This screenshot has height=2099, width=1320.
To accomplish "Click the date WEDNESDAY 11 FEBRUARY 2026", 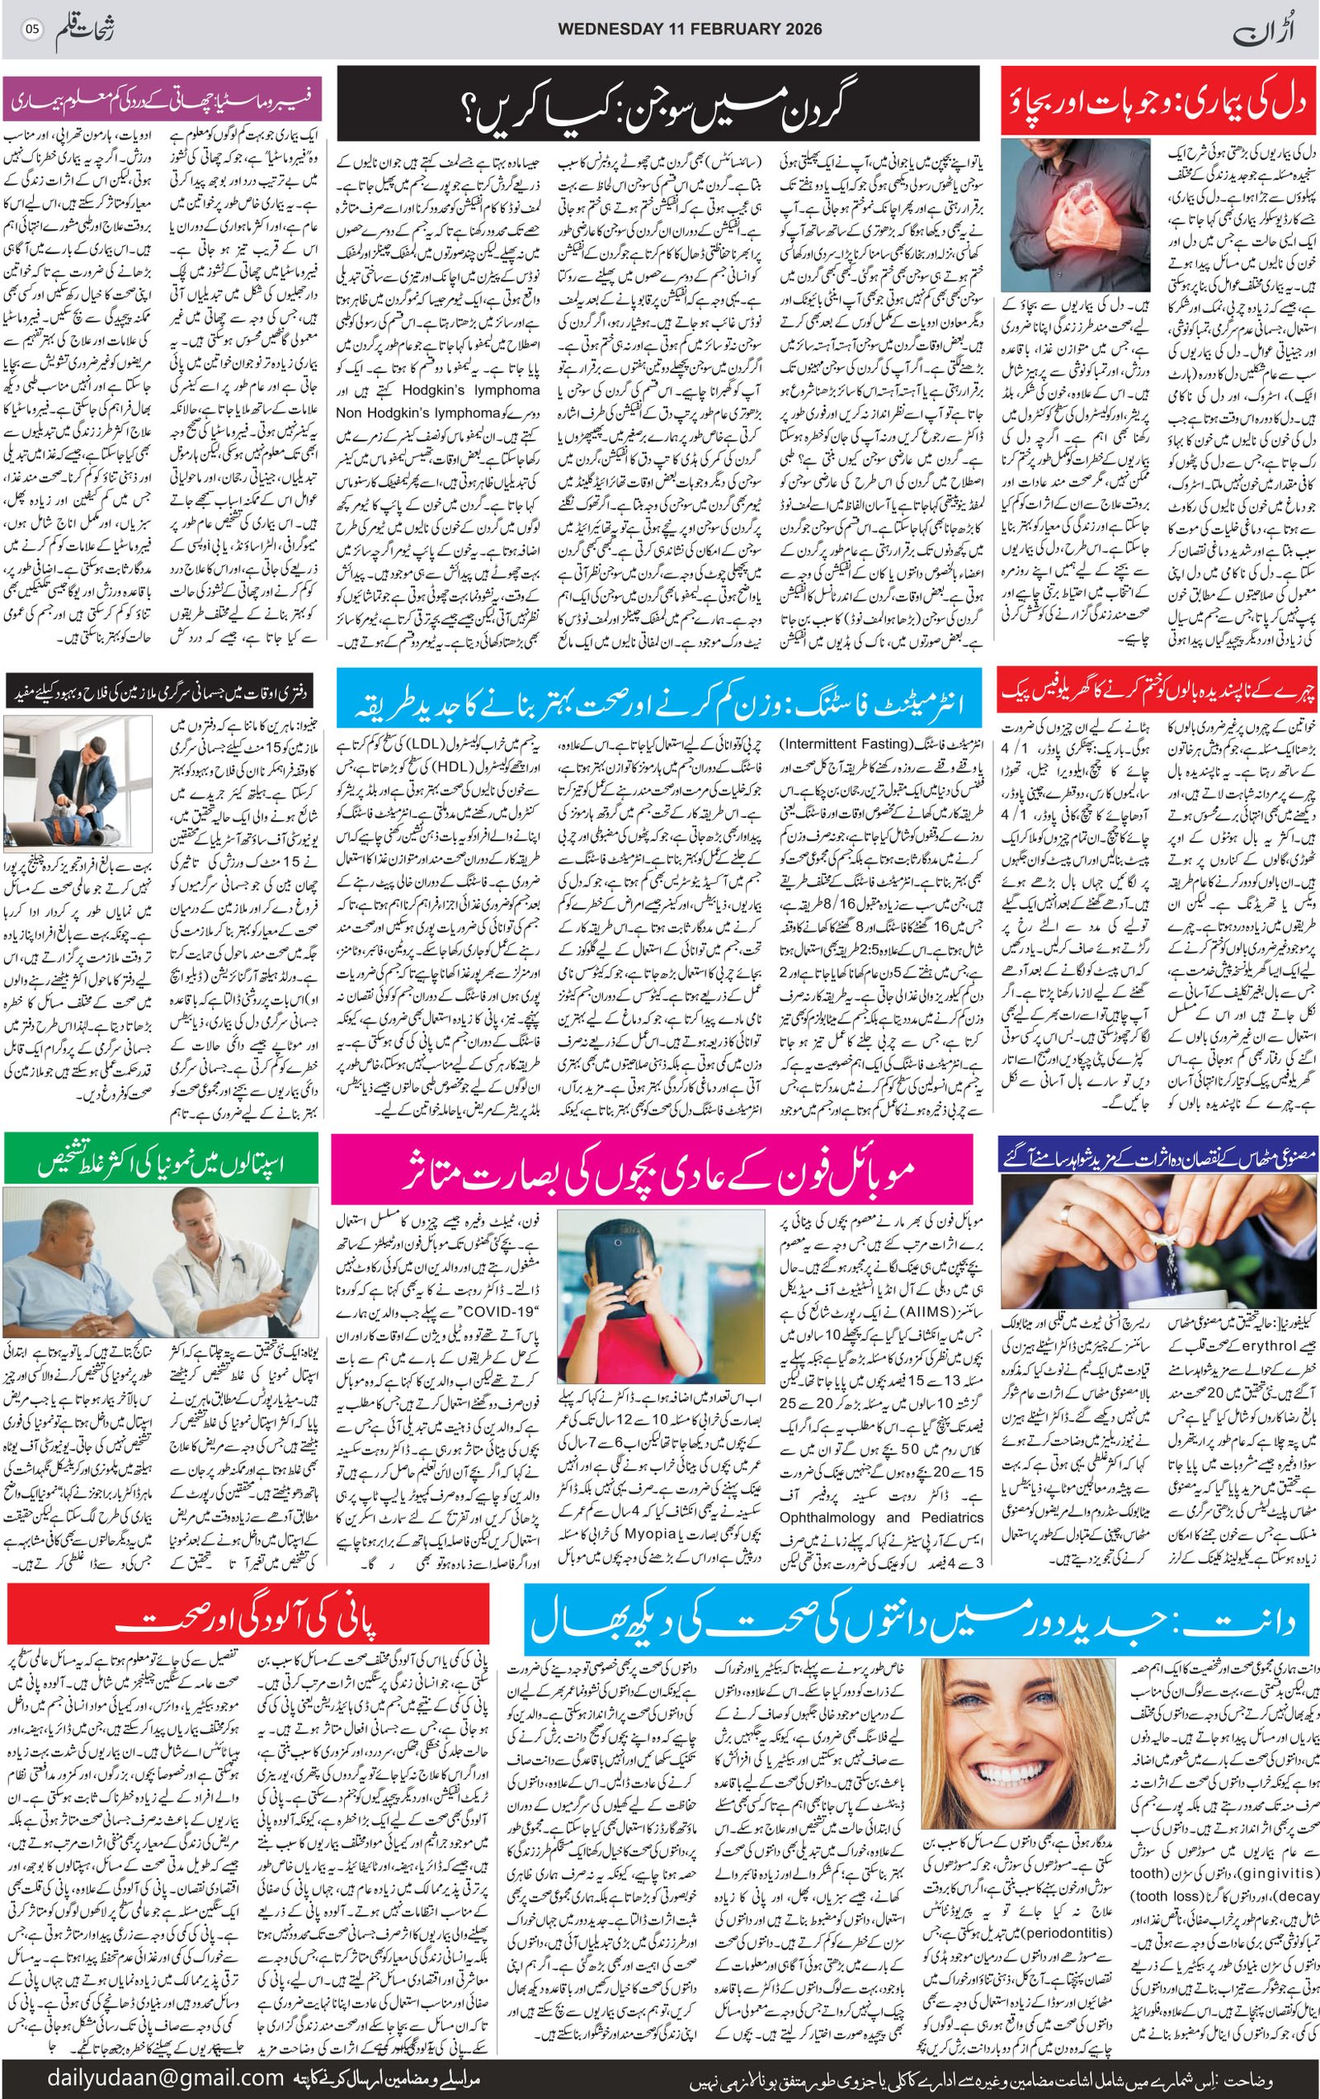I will click(689, 29).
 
